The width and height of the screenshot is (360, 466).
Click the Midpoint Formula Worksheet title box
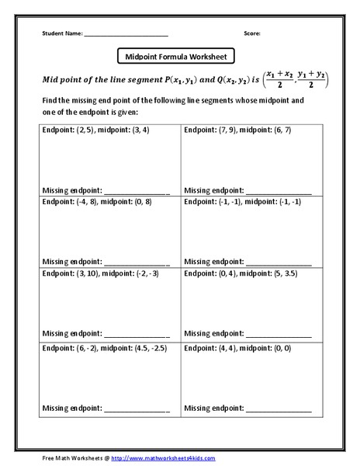tap(175, 57)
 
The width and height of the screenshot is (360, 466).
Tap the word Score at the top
tap(252, 33)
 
